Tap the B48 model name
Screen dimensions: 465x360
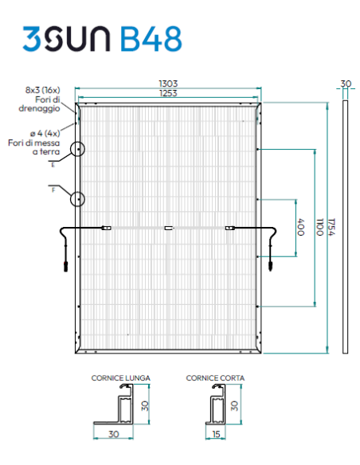pyautogui.click(x=151, y=39)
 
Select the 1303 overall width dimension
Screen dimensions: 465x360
pyautogui.click(x=168, y=83)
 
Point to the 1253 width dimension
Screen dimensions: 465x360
pyautogui.click(x=168, y=93)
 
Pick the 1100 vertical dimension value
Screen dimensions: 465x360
pyautogui.click(x=320, y=227)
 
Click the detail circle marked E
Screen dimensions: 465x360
pyautogui.click(x=78, y=149)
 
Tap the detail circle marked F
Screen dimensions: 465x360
pyautogui.click(x=78, y=198)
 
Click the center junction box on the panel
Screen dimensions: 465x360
pyautogui.click(x=168, y=229)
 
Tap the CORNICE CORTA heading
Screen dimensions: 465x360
pyautogui.click(x=214, y=377)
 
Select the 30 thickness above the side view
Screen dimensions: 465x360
pyautogui.click(x=345, y=84)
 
